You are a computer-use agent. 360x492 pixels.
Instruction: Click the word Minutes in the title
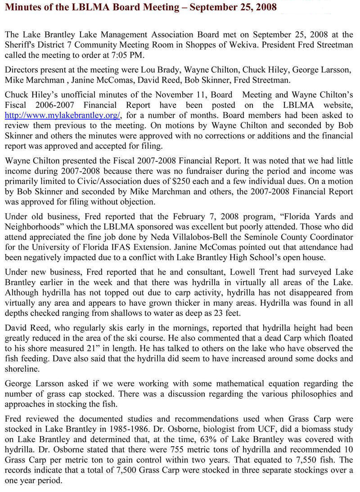pos(23,8)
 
